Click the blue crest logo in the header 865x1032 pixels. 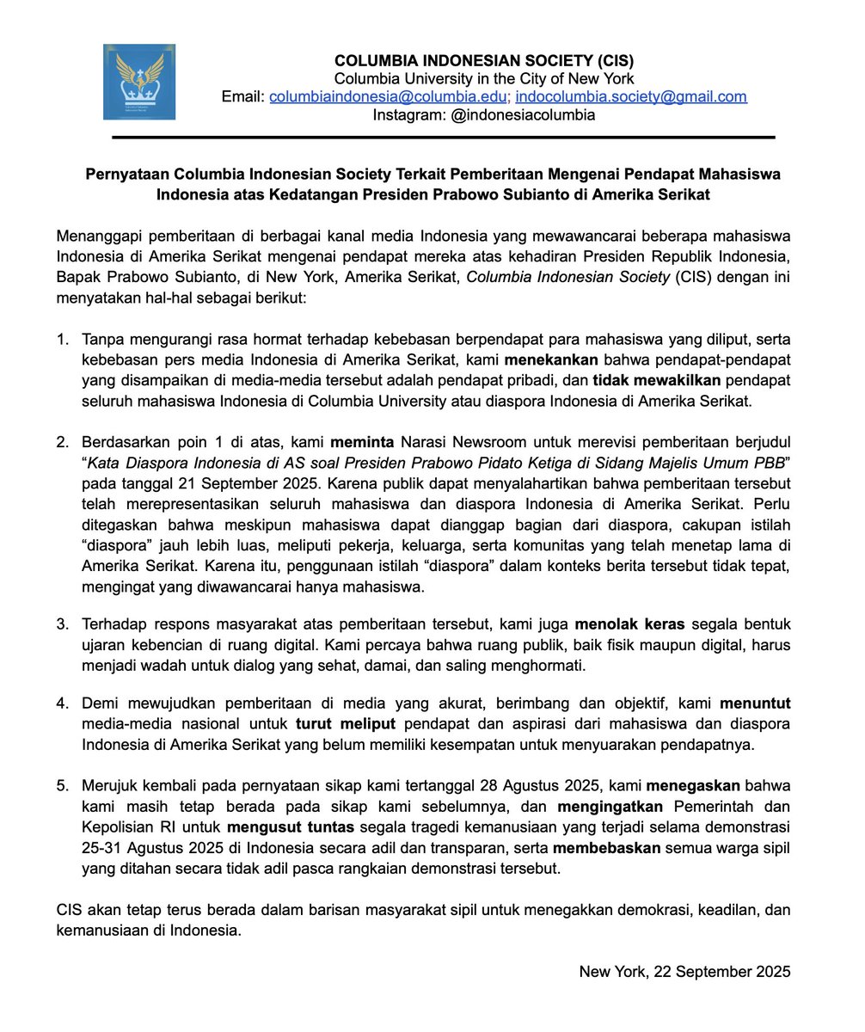139,82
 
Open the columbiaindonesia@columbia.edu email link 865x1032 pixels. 388,97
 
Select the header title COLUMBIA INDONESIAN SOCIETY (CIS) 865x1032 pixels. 484,61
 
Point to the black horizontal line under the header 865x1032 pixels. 443,137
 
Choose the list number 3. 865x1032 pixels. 63,624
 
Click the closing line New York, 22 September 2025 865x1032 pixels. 684,973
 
